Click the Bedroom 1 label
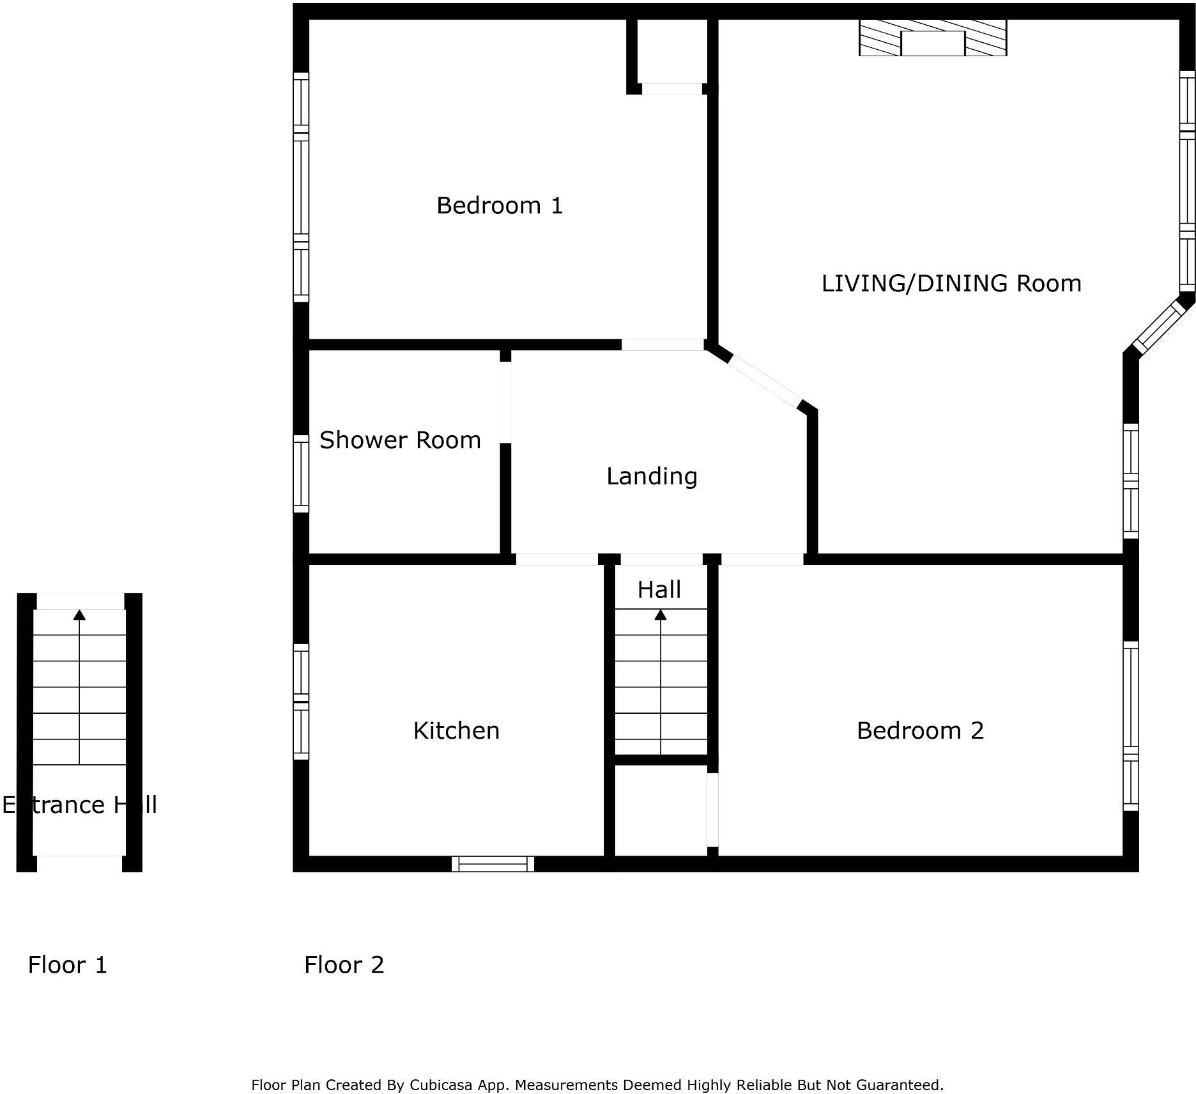click(x=499, y=206)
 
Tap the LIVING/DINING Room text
click(x=951, y=283)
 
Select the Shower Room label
click(x=399, y=440)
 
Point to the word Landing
click(x=651, y=476)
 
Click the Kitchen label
click(x=456, y=730)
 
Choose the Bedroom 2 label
click(x=919, y=730)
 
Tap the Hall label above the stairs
click(x=659, y=589)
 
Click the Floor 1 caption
click(x=67, y=965)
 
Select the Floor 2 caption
click(x=344, y=965)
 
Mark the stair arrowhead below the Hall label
click(x=660, y=615)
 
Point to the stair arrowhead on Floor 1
click(x=79, y=615)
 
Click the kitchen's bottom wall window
click(x=493, y=864)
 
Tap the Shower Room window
click(x=301, y=474)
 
